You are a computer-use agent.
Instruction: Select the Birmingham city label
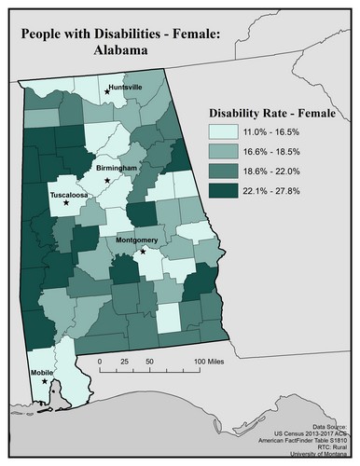(x=117, y=169)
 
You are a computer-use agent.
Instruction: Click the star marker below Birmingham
(x=107, y=180)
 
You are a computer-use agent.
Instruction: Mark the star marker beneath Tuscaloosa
(x=65, y=205)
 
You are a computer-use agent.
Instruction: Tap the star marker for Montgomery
(x=143, y=251)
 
